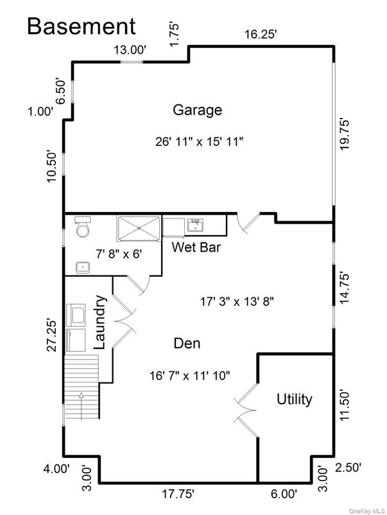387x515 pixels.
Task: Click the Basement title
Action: click(x=82, y=26)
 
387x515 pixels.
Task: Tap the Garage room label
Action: click(x=197, y=110)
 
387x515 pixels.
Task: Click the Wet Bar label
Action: click(x=196, y=247)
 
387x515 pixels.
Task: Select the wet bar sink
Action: click(x=194, y=225)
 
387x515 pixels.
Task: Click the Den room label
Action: click(x=187, y=343)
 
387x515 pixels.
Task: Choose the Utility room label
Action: click(x=294, y=400)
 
